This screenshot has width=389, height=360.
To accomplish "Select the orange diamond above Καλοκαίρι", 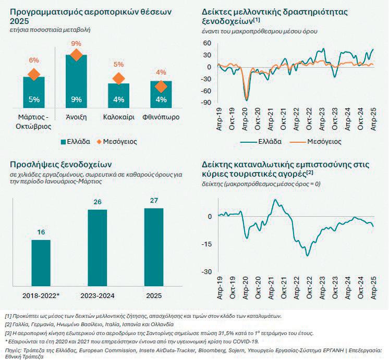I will point(118,79).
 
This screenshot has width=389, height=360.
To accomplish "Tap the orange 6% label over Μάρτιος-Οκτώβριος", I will point(34,61).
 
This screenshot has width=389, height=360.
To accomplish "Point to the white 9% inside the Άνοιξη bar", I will point(76,99).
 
